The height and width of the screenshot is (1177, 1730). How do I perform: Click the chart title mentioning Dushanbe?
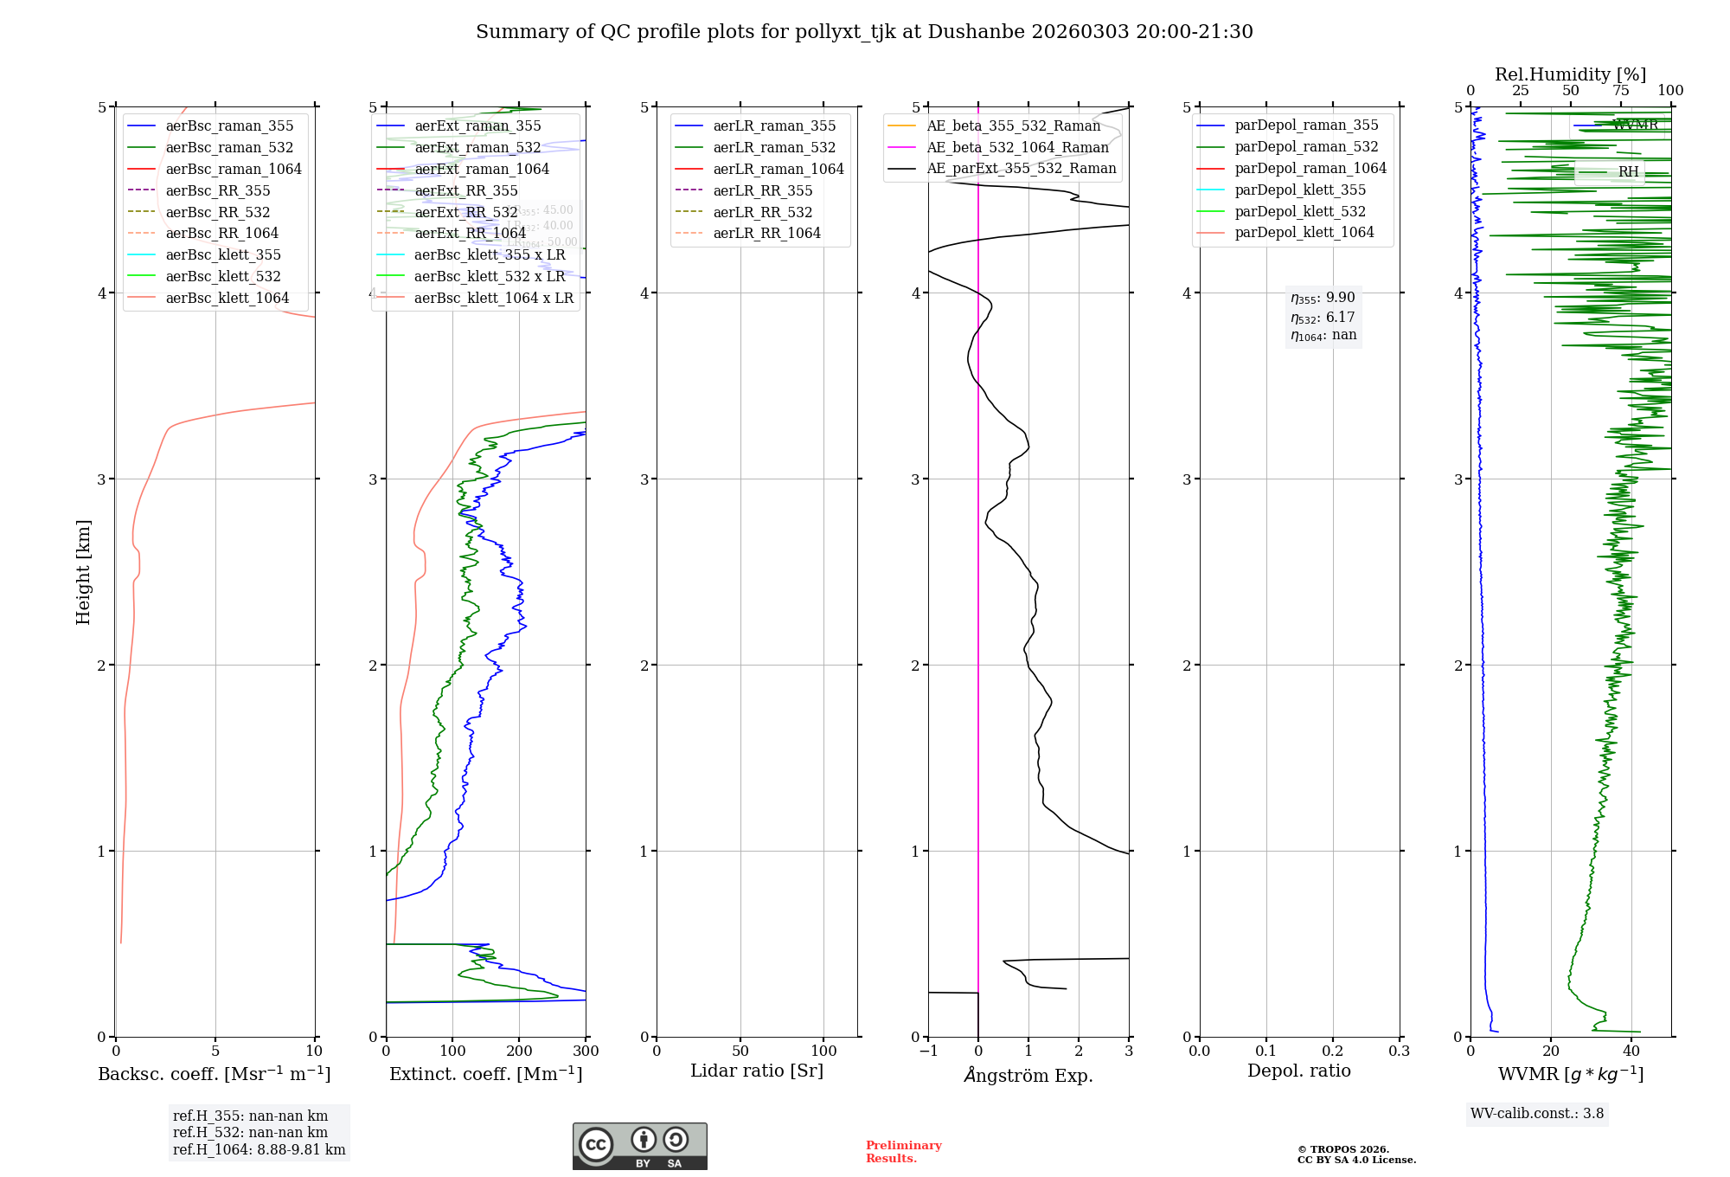click(x=864, y=32)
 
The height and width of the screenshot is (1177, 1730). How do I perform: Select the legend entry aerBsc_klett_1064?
click(x=227, y=298)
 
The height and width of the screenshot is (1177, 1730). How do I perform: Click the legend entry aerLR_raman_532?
click(x=774, y=147)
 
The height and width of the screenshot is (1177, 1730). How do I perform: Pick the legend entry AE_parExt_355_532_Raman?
click(x=1021, y=168)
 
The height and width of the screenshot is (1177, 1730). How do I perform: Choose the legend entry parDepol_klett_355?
click(x=1300, y=190)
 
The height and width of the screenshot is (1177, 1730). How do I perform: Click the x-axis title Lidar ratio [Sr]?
click(x=757, y=1071)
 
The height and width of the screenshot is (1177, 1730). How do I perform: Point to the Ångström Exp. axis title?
click(x=1028, y=1075)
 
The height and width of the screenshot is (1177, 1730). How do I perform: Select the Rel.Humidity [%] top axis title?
click(x=1570, y=74)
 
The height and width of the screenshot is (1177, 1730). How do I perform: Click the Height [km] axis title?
click(x=83, y=572)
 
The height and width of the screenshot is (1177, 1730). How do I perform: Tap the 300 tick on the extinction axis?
click(x=586, y=1052)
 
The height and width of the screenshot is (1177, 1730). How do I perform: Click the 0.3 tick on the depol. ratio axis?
click(x=1399, y=1052)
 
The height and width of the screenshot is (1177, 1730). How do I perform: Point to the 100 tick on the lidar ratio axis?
click(x=823, y=1052)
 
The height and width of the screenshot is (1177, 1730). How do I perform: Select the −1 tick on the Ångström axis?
click(x=928, y=1052)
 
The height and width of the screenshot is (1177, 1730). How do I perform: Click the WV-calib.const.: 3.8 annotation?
click(x=1537, y=1113)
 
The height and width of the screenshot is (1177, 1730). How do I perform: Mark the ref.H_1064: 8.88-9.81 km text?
click(x=259, y=1149)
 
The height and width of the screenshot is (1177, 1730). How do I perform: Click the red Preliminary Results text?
click(x=903, y=1151)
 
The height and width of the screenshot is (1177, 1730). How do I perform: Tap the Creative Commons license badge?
click(x=639, y=1146)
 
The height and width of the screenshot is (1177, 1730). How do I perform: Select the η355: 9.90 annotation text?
click(x=1323, y=298)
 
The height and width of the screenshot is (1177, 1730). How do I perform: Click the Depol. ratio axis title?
click(x=1298, y=1071)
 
